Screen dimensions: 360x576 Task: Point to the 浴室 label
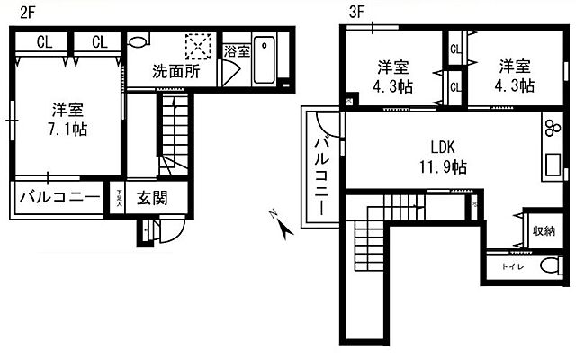pyautogui.click(x=236, y=50)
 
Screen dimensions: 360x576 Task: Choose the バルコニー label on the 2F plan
pyautogui.click(x=58, y=197)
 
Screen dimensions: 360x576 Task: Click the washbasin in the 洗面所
pyautogui.click(x=139, y=42)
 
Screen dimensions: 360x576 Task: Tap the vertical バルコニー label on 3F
pyautogui.click(x=320, y=166)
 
